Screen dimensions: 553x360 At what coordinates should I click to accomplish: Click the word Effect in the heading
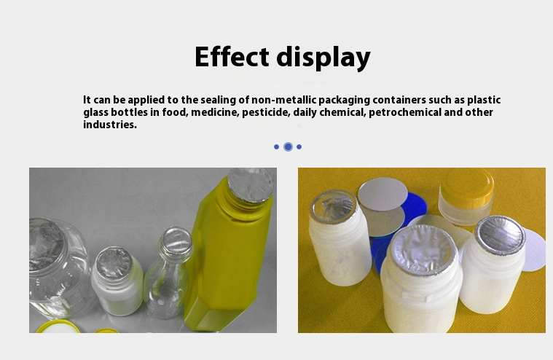pos(232,57)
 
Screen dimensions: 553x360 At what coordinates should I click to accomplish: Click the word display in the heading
pos(323,58)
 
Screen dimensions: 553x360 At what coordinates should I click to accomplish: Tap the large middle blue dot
pos(288,146)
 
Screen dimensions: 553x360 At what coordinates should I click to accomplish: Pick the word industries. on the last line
pos(110,125)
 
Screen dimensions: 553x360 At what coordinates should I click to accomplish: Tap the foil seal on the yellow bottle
pos(251,185)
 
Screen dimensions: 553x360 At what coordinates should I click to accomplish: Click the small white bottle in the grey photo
pos(117,281)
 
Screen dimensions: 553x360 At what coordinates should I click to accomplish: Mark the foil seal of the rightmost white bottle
pos(500,235)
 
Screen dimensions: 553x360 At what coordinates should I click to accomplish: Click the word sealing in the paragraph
pos(219,100)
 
